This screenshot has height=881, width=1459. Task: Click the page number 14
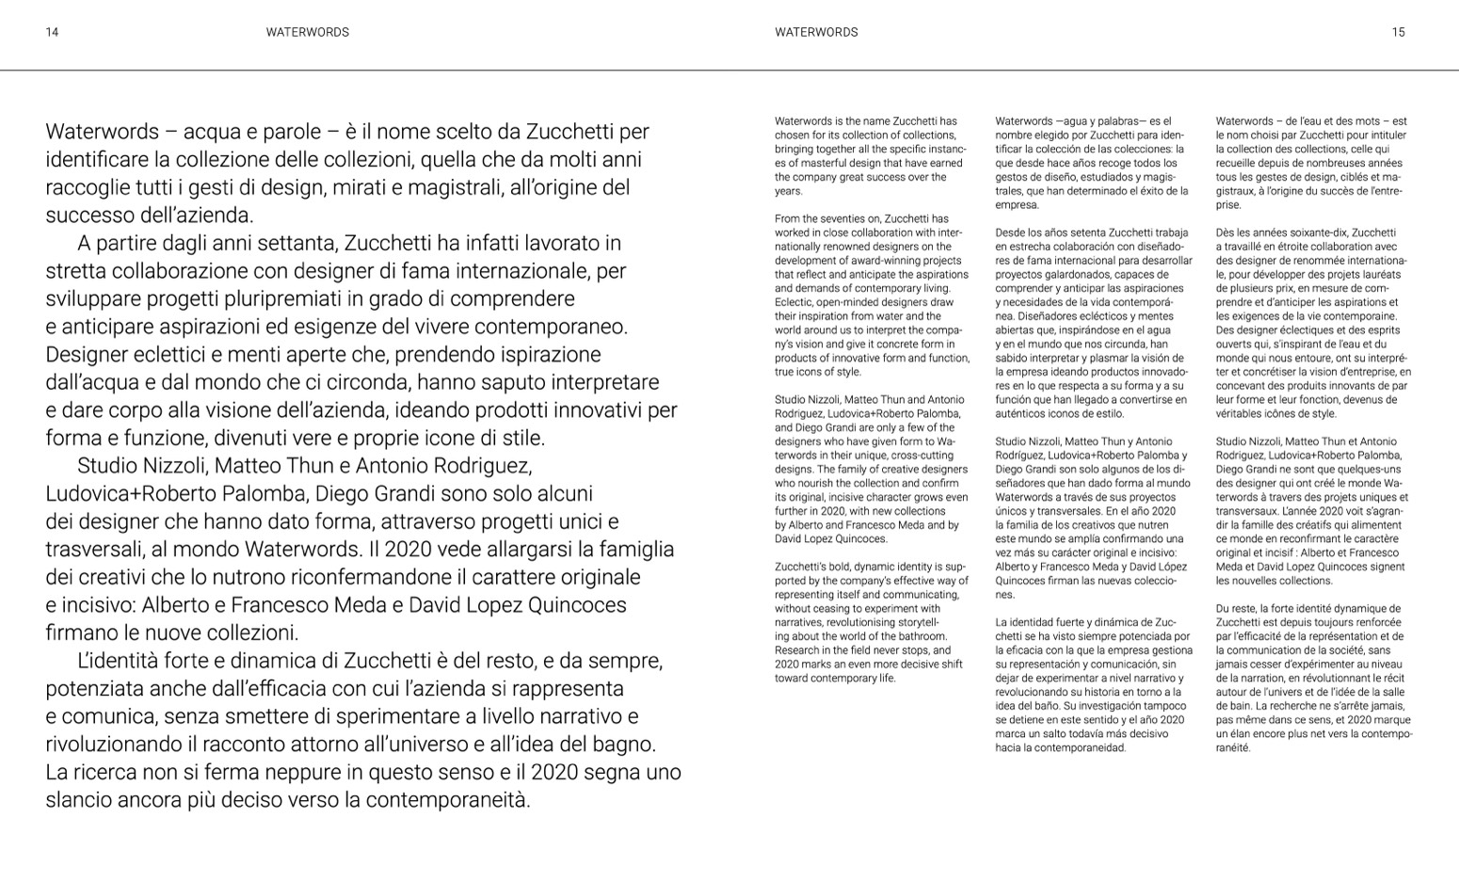point(52,32)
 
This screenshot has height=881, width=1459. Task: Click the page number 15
point(1398,32)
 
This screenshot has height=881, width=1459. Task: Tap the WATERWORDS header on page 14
point(307,32)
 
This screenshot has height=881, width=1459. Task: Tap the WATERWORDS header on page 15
point(816,32)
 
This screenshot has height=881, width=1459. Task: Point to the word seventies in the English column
point(833,219)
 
